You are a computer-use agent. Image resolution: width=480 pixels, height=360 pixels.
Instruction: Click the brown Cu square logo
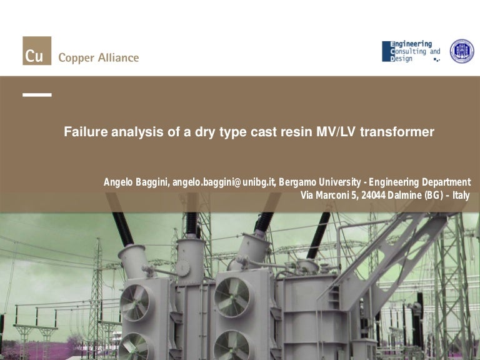click(x=37, y=51)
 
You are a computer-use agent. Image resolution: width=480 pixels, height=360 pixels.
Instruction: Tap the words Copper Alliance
click(x=98, y=57)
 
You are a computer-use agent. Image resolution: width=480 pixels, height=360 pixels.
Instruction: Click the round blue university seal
click(x=462, y=51)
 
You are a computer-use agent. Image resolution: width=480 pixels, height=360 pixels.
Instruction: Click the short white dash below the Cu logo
click(x=37, y=95)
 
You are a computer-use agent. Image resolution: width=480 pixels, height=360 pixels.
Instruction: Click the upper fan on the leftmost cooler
click(x=134, y=302)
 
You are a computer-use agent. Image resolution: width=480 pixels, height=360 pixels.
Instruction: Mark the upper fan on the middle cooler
click(x=233, y=297)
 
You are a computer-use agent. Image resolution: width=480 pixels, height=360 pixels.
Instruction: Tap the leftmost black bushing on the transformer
click(x=122, y=229)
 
